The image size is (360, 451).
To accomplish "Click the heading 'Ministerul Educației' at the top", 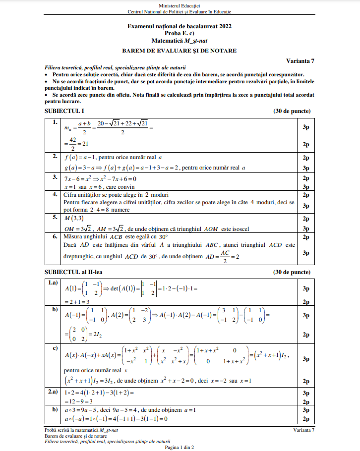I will (x=180, y=5).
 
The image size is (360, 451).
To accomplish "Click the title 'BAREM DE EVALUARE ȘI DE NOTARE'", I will (x=180, y=50).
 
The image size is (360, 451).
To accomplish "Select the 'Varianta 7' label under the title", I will (x=300, y=60).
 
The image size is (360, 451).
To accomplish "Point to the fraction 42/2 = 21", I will (x=77, y=145).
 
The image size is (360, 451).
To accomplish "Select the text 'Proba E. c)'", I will (x=180, y=33).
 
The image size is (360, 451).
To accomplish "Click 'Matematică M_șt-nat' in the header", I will (x=180, y=41).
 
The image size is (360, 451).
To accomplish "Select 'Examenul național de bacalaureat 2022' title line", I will (x=180, y=26).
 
